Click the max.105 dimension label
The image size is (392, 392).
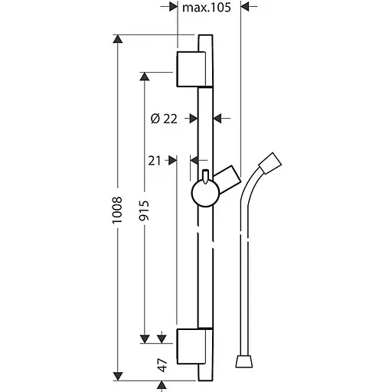tap(207, 8)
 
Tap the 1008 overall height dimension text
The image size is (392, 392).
tap(118, 210)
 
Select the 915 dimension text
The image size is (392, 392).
tap(145, 211)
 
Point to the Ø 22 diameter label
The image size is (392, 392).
tap(164, 119)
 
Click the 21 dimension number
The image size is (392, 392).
tap(155, 161)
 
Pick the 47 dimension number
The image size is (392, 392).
tap(162, 365)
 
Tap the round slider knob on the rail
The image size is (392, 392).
tap(205, 193)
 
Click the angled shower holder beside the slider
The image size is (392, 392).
tap(227, 180)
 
